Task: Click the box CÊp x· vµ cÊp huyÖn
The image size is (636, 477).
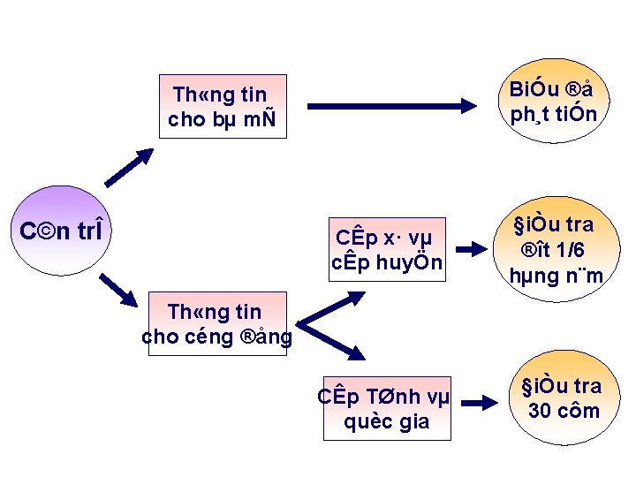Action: coord(385,250)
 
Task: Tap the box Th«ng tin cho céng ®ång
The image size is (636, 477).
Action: coord(217,324)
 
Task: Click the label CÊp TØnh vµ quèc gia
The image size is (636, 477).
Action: coord(386,409)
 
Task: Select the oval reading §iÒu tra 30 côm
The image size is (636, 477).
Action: coord(563,398)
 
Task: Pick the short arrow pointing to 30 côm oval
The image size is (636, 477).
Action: coord(481,404)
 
